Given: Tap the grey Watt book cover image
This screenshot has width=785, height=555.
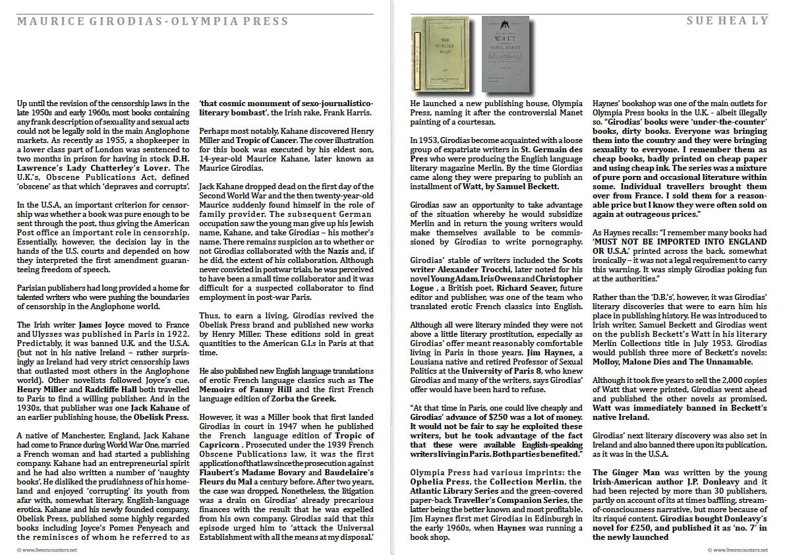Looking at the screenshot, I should tap(505, 53).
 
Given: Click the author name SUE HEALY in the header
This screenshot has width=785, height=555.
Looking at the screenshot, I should tap(727, 21).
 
